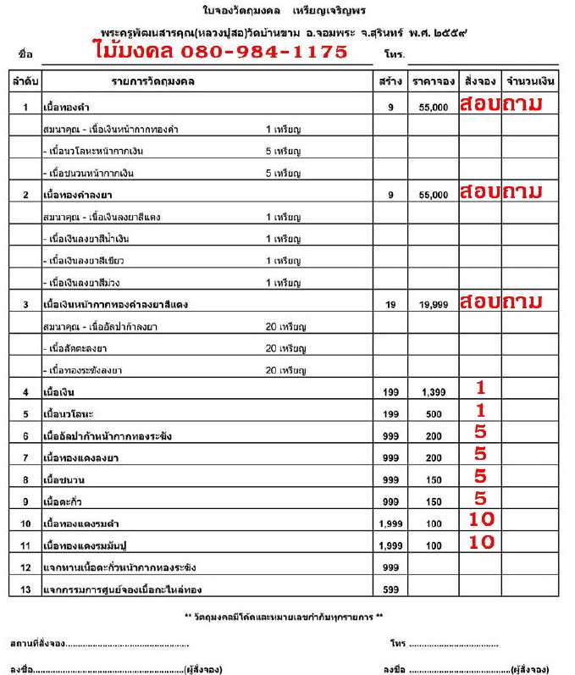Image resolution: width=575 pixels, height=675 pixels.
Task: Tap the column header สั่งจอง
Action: tap(479, 81)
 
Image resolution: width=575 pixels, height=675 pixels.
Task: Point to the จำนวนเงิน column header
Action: tap(529, 81)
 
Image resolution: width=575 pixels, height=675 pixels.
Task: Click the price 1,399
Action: tap(433, 393)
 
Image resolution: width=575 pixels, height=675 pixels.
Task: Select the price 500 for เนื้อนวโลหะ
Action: tap(434, 414)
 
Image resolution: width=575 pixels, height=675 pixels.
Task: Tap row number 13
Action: tap(25, 589)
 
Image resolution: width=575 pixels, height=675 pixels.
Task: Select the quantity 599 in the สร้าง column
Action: tap(390, 589)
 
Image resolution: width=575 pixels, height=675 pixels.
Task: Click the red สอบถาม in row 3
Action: tap(500, 301)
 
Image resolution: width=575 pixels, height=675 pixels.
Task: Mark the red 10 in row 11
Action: tap(481, 543)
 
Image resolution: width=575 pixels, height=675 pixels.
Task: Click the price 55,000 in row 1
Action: tap(433, 108)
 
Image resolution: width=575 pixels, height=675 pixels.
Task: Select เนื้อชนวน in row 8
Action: tap(61, 479)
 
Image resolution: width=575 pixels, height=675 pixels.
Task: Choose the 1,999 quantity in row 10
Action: tap(390, 523)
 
